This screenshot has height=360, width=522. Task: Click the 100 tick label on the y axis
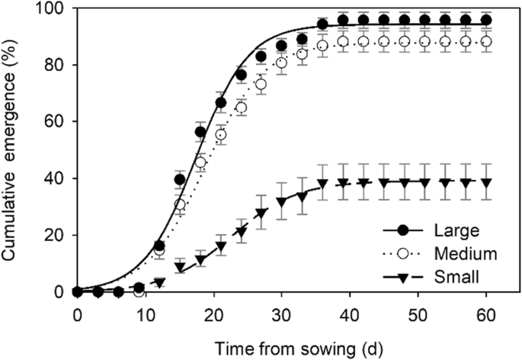click(x=54, y=8)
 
